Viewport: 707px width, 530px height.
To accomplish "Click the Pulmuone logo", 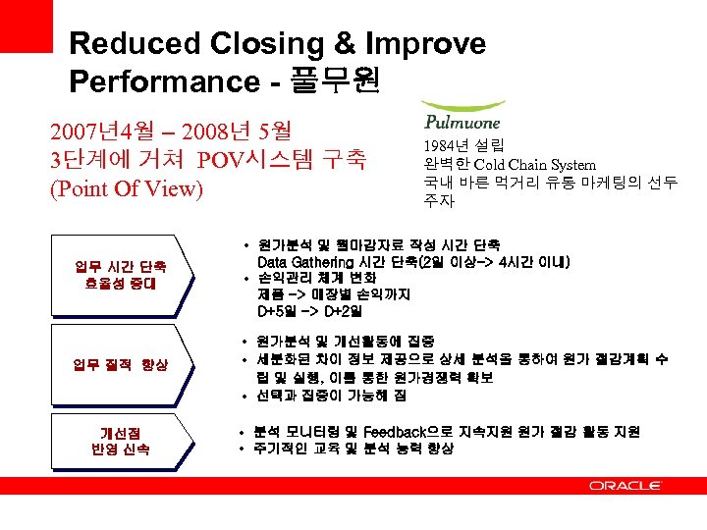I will (x=462, y=117).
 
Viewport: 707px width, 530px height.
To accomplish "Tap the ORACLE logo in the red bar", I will (x=625, y=485).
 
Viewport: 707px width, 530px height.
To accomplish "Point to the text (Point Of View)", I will (x=126, y=188).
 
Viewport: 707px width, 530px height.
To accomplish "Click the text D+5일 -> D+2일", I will (x=309, y=311).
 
